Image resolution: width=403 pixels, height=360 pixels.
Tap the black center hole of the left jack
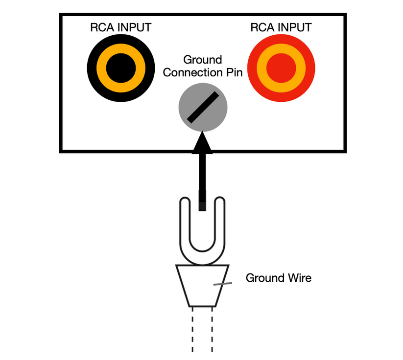[x=120, y=67]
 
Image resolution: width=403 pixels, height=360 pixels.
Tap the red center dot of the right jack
[x=281, y=67]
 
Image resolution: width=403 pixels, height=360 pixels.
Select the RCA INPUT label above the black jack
[x=120, y=27]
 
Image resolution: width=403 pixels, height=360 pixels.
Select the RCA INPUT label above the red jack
[x=281, y=27]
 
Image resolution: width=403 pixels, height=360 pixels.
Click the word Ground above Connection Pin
[x=202, y=60]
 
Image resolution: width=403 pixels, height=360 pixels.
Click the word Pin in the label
[x=233, y=73]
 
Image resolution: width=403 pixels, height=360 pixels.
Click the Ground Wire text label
[x=278, y=278]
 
